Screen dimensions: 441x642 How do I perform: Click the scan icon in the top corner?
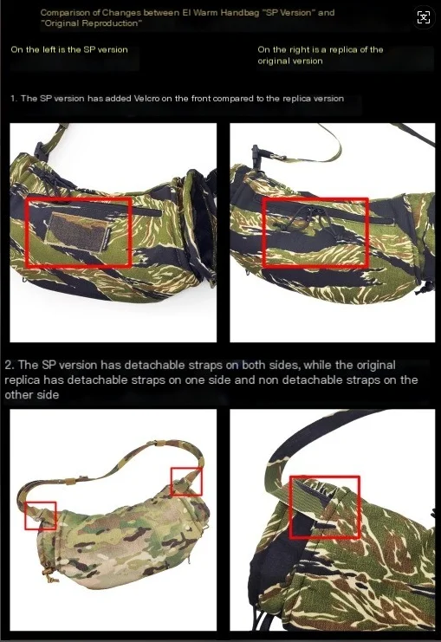coord(424,17)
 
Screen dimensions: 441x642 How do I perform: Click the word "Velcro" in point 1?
coord(146,98)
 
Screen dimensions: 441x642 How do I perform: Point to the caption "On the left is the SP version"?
coord(69,49)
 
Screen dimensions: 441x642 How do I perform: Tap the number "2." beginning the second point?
coord(10,365)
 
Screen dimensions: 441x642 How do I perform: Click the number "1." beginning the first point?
coord(14,98)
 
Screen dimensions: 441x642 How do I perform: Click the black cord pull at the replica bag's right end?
coord(425,286)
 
